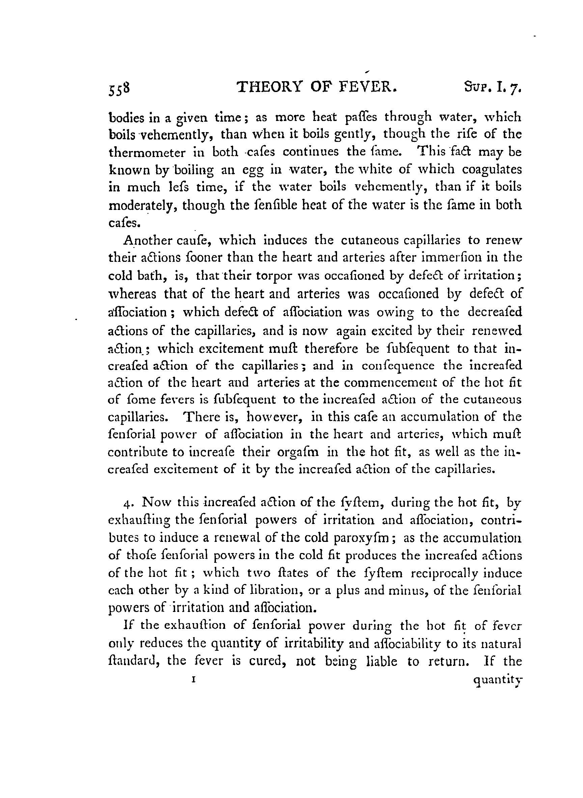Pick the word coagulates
tap(492, 170)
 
